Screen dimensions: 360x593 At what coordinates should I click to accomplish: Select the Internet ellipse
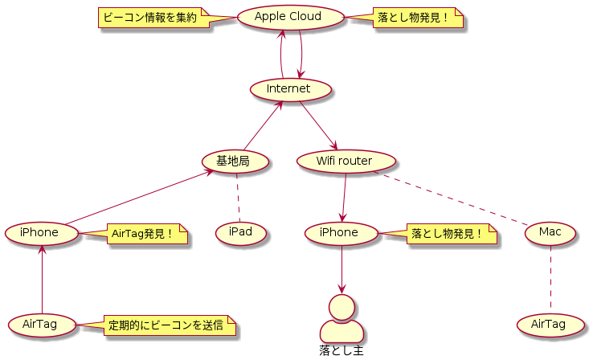tap(291, 89)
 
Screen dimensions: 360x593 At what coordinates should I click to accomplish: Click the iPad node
tap(240, 233)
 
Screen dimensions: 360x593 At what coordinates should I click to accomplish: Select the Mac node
tap(550, 233)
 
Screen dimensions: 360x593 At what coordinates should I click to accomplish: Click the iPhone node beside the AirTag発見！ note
tap(42, 233)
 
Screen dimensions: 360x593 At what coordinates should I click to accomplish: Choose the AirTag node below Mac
tap(550, 325)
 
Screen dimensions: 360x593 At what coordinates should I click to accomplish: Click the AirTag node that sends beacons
tap(42, 325)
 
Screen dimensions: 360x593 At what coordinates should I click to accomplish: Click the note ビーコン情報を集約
tap(152, 18)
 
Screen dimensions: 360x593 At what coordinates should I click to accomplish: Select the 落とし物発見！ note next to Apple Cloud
tap(416, 18)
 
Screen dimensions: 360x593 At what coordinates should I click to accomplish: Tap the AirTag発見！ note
tap(145, 234)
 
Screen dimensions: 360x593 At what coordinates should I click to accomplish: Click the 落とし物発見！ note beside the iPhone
tap(450, 234)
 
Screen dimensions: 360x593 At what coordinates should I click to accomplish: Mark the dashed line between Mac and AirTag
tap(550, 279)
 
